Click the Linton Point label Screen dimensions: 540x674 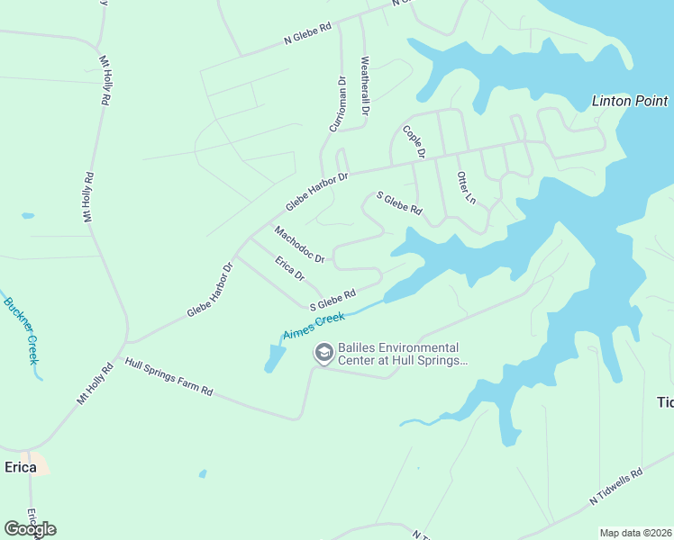tap(629, 101)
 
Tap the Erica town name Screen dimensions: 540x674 tap(21, 467)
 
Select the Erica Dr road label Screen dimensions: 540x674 tap(290, 267)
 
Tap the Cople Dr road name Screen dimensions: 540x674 tap(414, 142)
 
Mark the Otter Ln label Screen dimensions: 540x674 tap(466, 187)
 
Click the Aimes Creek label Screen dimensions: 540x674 tap(314, 326)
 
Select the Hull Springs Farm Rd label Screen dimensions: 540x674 tap(168, 378)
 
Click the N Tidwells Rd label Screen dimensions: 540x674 tap(616, 486)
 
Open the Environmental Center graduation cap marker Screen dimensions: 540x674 tap(323, 354)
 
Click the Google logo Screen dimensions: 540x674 tap(30, 529)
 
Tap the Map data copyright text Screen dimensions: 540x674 tap(635, 533)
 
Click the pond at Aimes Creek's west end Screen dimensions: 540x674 tap(274, 358)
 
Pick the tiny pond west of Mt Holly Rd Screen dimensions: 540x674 tap(27, 216)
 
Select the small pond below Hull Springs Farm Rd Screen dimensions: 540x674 tap(204, 473)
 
